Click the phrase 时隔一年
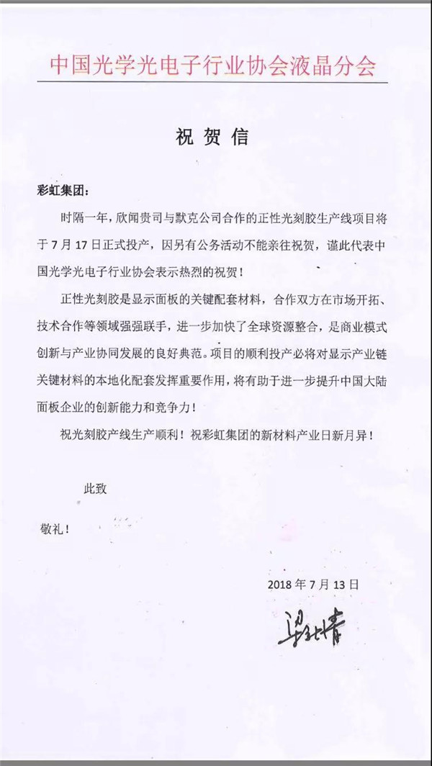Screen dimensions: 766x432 coord(85,217)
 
